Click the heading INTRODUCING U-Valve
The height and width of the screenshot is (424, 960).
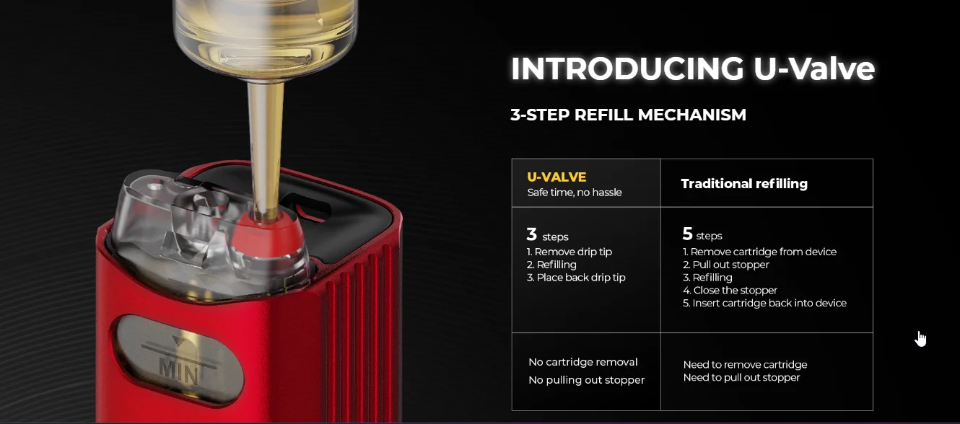pos(692,69)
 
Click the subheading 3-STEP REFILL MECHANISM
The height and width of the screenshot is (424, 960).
pos(628,115)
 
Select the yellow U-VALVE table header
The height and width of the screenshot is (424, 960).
pos(557,177)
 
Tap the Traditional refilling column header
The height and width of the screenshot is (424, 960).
pos(744,184)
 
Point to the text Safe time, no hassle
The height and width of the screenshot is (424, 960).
pos(575,193)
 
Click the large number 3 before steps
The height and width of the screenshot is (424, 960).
pos(532,234)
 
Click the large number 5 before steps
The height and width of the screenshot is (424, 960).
pos(687,234)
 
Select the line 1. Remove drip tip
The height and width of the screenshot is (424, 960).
pos(570,252)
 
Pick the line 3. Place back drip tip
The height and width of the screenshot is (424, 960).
pos(576,278)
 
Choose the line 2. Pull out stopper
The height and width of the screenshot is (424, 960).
pos(726,265)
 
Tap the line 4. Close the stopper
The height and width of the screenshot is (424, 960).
pos(730,291)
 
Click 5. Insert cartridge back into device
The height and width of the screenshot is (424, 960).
pos(764,304)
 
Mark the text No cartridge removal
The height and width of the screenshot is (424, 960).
pos(583,362)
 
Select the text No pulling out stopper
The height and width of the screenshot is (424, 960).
pos(586,380)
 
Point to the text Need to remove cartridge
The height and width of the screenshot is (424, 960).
pos(745,365)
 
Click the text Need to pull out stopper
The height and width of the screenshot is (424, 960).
pos(741,378)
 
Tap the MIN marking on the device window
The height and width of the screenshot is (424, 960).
pos(178,368)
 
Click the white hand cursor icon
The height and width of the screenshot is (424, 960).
pos(921,339)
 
